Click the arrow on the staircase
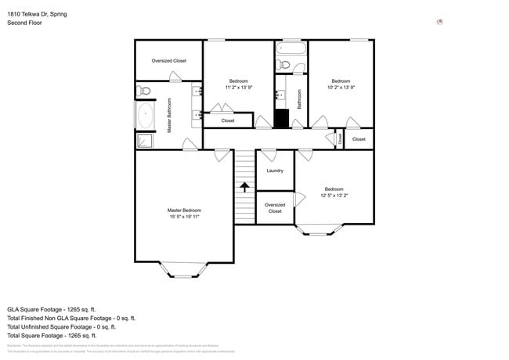tap(245, 187)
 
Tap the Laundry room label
tap(275, 171)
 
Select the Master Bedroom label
tap(184, 210)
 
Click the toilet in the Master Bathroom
tap(143, 92)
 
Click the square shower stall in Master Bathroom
tap(145, 141)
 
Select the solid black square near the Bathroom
tap(282, 119)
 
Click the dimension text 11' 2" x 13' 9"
tap(239, 88)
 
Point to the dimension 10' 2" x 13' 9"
tap(341, 88)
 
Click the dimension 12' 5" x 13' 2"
tap(334, 195)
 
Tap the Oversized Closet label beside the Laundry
tap(275, 207)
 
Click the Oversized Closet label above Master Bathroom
tap(168, 60)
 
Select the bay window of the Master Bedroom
tap(184, 271)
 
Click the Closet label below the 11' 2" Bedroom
tap(228, 121)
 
